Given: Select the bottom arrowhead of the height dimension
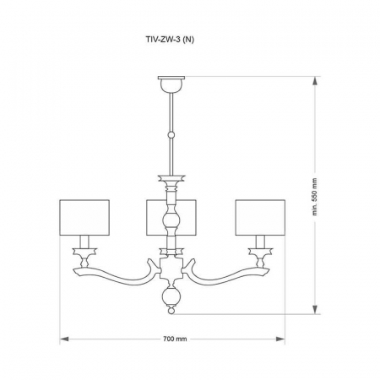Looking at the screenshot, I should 315,311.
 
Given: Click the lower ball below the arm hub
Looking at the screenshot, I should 171,297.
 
